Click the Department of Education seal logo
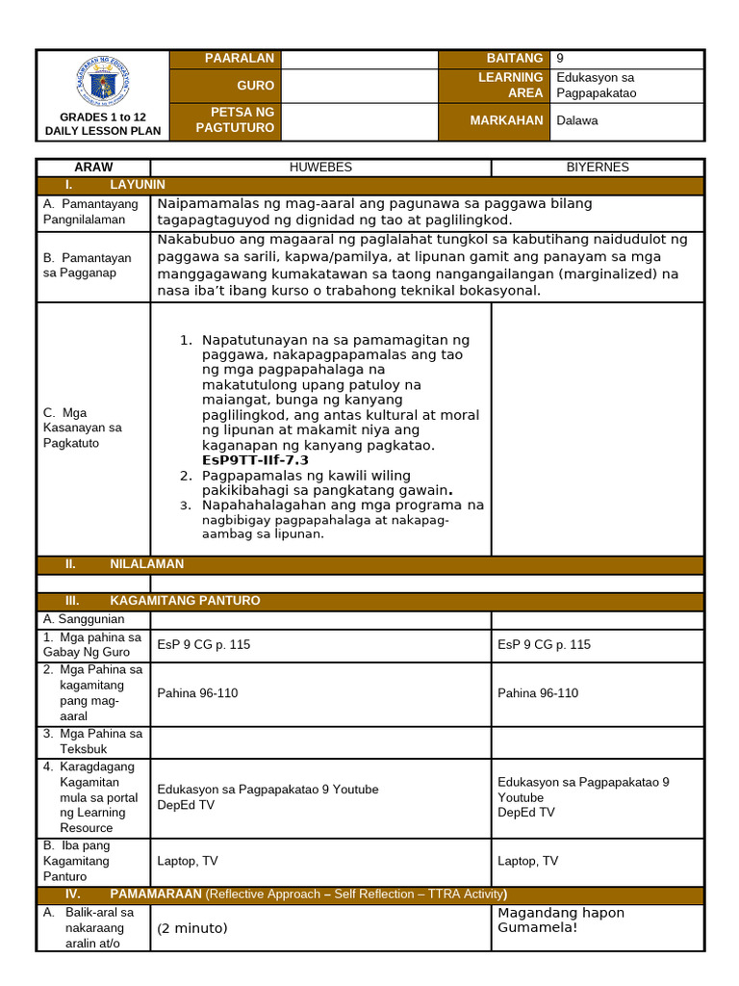pos(102,80)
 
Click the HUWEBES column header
pos(320,168)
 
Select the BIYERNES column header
pos(597,168)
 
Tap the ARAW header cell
pos(93,168)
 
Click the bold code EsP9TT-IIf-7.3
pos(255,460)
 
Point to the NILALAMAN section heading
pos(146,564)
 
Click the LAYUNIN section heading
pos(138,184)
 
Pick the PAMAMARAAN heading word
pos(156,895)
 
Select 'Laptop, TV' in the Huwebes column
pos(188,862)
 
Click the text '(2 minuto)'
pos(192,929)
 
